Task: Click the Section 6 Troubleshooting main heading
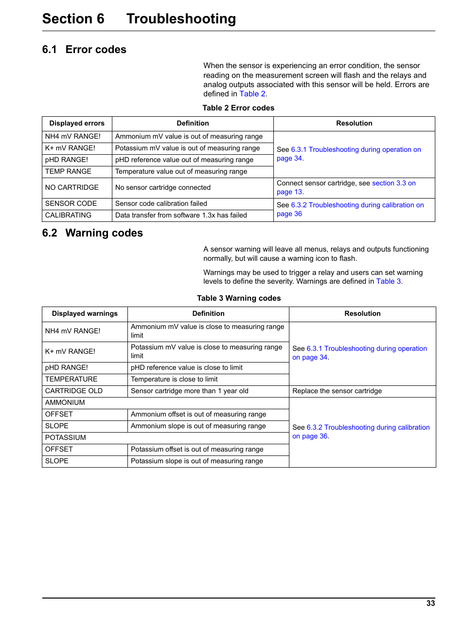click(139, 18)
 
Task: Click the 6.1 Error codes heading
click(84, 50)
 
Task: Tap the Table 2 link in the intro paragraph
click(252, 94)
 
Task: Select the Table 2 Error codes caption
click(238, 108)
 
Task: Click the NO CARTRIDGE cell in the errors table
click(72, 187)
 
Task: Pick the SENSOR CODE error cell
click(71, 203)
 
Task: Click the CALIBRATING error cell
click(68, 215)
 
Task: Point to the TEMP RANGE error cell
click(68, 171)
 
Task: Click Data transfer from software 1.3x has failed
click(181, 215)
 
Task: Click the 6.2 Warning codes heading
click(92, 233)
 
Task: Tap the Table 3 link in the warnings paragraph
click(388, 281)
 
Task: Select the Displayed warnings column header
click(85, 314)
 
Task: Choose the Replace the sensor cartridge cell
click(337, 391)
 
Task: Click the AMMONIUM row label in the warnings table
click(65, 402)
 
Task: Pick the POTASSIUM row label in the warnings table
click(66, 437)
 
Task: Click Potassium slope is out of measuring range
click(196, 461)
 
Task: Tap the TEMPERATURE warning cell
click(71, 379)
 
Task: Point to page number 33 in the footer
click(430, 603)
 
